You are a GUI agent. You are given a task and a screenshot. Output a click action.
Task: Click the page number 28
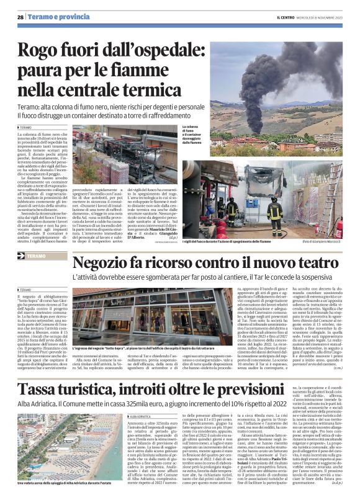point(20,17)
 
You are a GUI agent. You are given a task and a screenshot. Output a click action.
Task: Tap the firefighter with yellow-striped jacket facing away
point(259,211)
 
